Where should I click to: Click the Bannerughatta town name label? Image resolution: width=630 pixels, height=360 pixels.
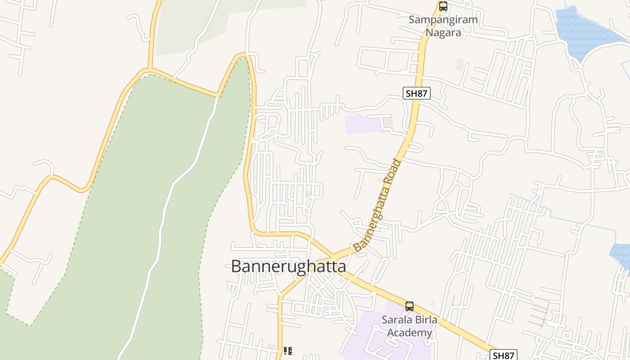tap(288, 266)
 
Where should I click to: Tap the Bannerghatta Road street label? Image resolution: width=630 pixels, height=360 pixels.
tap(377, 206)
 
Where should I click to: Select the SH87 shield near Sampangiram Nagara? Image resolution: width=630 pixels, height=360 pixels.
tap(417, 93)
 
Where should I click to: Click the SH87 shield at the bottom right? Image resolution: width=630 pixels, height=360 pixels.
tap(503, 355)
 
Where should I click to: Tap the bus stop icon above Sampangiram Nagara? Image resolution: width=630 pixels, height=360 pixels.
tap(443, 6)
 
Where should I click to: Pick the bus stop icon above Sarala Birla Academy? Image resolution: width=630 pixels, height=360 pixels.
tap(409, 306)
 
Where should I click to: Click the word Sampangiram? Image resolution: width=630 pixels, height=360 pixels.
tap(443, 20)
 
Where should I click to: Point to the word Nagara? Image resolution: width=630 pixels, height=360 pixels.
tap(443, 33)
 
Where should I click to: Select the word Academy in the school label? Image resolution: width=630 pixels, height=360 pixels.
tap(409, 333)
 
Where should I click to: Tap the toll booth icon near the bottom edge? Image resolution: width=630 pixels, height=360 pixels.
tap(288, 351)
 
